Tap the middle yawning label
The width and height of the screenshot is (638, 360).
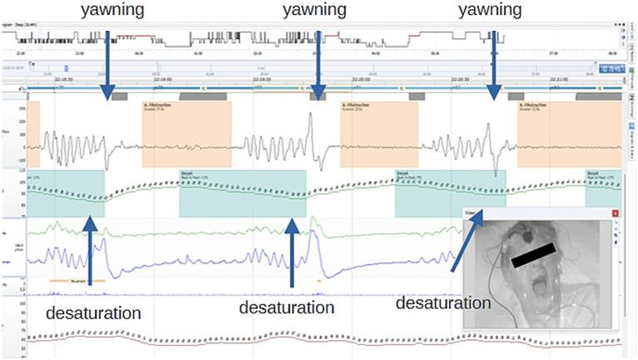point(315,11)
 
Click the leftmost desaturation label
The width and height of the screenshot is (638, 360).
point(92,313)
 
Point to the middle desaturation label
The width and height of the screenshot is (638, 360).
point(286,308)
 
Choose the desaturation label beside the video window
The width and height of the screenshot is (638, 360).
point(443,303)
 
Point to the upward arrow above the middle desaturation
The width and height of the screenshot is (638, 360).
point(291,249)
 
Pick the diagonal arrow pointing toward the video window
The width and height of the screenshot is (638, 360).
point(467,241)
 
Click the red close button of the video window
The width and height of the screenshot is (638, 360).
point(615,214)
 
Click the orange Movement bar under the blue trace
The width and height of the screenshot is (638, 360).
point(77,281)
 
